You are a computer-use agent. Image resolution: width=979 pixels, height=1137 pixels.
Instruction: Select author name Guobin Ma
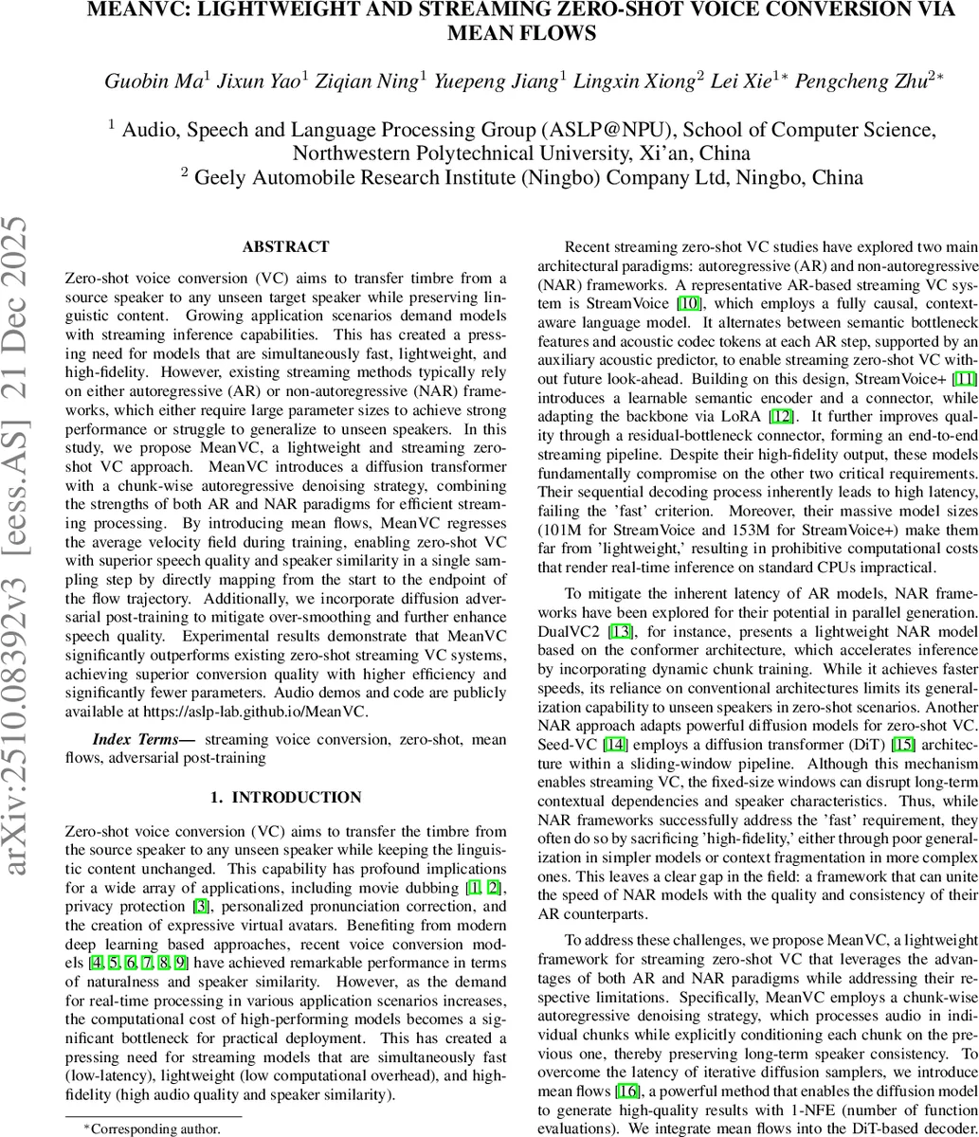[152, 81]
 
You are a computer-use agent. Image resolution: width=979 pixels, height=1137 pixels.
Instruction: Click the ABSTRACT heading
[285, 247]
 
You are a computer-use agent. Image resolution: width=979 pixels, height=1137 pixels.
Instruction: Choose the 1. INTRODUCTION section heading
[285, 798]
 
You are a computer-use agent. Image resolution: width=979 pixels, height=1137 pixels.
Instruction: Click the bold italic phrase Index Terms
[142, 739]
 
